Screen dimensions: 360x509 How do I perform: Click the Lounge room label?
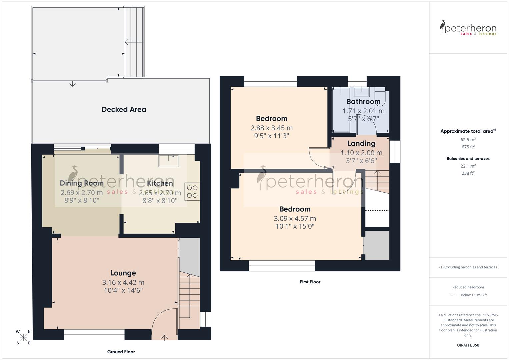pyautogui.click(x=123, y=273)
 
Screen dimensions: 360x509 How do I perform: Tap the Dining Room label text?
pyautogui.click(x=82, y=183)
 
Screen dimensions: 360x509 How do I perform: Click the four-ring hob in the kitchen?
pyautogui.click(x=192, y=192)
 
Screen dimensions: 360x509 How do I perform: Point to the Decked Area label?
pyautogui.click(x=124, y=109)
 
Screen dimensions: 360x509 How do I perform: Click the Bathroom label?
pyautogui.click(x=363, y=102)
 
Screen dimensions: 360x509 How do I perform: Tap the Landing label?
pyautogui.click(x=361, y=143)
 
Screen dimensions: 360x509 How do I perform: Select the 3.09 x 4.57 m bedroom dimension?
pyautogui.click(x=295, y=219)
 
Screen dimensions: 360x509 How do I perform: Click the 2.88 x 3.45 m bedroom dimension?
pyautogui.click(x=271, y=128)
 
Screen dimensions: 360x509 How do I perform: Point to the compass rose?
pyautogui.click(x=23, y=337)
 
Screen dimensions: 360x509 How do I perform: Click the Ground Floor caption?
pyautogui.click(x=121, y=352)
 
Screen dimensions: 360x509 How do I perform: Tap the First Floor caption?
pyautogui.click(x=310, y=282)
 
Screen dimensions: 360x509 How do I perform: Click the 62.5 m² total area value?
pyautogui.click(x=468, y=140)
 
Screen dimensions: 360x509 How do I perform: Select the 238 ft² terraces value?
pyautogui.click(x=468, y=173)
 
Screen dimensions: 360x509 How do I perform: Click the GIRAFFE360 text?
pyautogui.click(x=468, y=345)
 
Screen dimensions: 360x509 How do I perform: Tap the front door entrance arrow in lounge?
pyautogui.click(x=165, y=337)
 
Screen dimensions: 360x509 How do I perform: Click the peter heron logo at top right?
pyautogui.click(x=468, y=28)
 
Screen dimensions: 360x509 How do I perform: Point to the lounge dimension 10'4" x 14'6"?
pyautogui.click(x=123, y=290)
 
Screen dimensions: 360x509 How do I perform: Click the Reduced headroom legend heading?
pyautogui.click(x=468, y=287)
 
